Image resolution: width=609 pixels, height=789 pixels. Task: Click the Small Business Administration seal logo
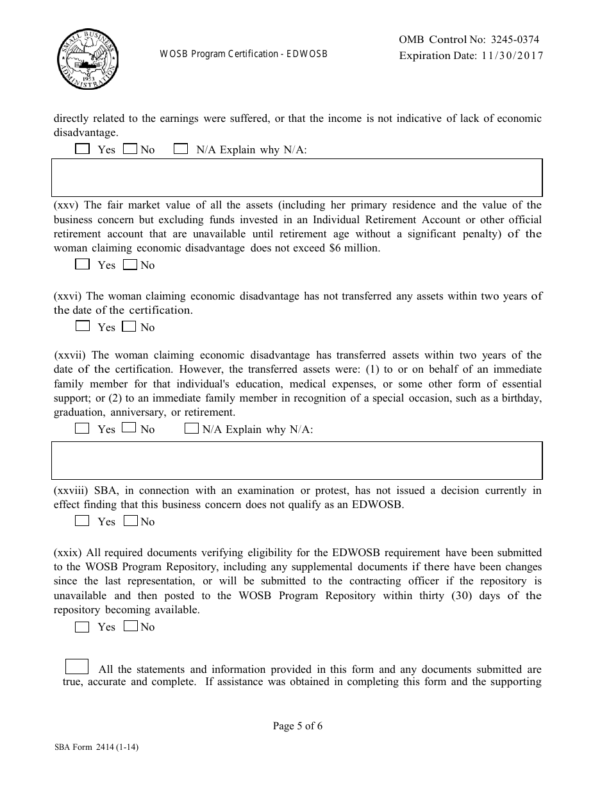pyautogui.click(x=87, y=60)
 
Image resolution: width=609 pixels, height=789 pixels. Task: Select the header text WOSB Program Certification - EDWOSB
pyautogui.click(x=244, y=54)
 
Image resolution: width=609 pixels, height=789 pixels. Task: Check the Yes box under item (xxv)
pyautogui.click(x=82, y=264)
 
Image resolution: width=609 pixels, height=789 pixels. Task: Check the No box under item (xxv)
pyautogui.click(x=130, y=264)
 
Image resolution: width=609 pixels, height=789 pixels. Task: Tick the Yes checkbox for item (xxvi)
pyautogui.click(x=82, y=326)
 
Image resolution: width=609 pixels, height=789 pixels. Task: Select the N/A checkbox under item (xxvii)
pyautogui.click(x=191, y=428)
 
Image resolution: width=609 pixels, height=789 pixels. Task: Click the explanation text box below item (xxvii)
pyautogui.click(x=297, y=460)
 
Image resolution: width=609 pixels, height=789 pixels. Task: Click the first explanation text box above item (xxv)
pyautogui.click(x=297, y=177)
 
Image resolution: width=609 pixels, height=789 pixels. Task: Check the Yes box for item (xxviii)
pyautogui.click(x=82, y=521)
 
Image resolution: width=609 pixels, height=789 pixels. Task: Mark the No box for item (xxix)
pyautogui.click(x=130, y=626)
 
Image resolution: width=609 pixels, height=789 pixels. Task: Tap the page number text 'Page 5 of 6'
pyautogui.click(x=297, y=726)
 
